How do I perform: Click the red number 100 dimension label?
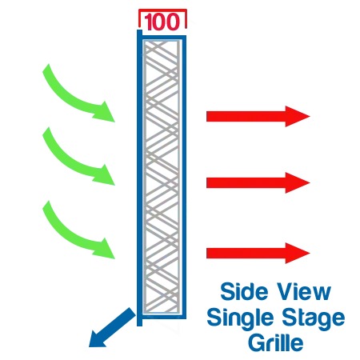tap(162, 22)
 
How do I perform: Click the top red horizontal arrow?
tap(258, 116)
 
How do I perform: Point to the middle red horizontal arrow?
tap(258, 182)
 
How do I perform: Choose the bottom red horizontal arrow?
tap(258, 253)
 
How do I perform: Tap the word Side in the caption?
tap(244, 292)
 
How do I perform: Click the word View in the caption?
tap(304, 292)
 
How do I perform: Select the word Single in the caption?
tap(240, 318)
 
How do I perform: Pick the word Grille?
tap(276, 342)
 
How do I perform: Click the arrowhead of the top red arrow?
tap(298, 116)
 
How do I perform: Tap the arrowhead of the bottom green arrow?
tap(105, 249)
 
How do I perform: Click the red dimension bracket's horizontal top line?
tap(162, 10)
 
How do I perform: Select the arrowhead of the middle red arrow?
tap(298, 182)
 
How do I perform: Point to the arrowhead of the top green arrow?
tap(105, 112)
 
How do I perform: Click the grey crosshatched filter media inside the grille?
tap(162, 177)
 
